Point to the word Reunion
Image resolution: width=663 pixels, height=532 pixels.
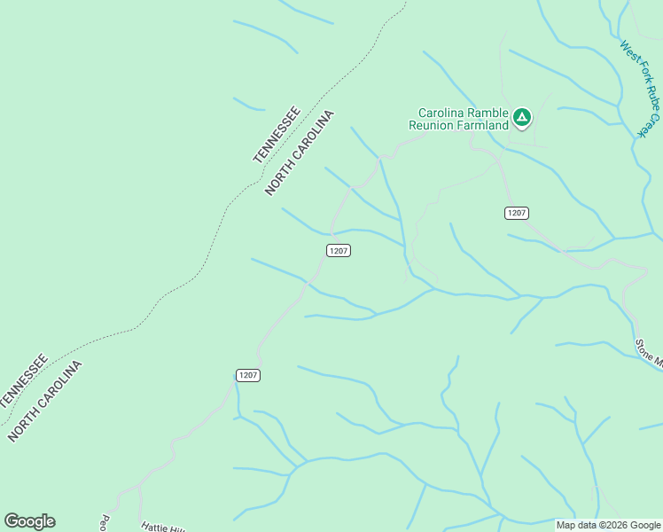(432, 126)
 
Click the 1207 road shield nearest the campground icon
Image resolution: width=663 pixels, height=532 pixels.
(517, 213)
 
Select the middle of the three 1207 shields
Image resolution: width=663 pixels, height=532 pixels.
(338, 251)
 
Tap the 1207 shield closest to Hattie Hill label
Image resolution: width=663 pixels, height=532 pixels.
(248, 375)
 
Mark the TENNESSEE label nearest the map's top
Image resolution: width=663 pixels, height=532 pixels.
(277, 135)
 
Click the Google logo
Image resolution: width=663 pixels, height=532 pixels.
(29, 521)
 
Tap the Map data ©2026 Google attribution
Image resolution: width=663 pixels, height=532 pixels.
(607, 525)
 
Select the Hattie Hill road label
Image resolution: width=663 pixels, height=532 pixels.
(163, 527)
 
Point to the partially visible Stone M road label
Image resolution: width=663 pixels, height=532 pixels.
(650, 351)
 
